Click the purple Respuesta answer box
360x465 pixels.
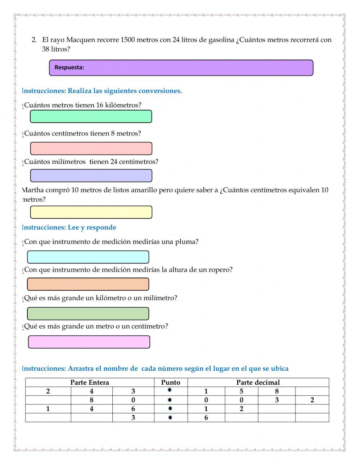[x=181, y=68]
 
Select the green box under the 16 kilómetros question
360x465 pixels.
[x=91, y=116]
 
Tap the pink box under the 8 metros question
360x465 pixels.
[x=91, y=148]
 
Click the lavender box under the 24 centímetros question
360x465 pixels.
[x=91, y=175]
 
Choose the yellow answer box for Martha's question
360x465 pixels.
[x=91, y=212]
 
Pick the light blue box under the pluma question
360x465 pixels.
[x=88, y=257]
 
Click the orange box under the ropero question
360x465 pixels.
[x=88, y=284]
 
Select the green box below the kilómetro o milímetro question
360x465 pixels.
[x=88, y=314]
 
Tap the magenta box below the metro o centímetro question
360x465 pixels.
[x=89, y=342]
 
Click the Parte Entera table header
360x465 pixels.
[x=90, y=383]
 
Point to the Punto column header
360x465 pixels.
[x=171, y=383]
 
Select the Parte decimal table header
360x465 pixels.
[x=258, y=383]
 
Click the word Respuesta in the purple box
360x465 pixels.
[x=69, y=67]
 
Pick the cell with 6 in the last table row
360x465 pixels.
[x=206, y=418]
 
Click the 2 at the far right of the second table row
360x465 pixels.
[x=312, y=400]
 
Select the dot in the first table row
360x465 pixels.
[x=170, y=390]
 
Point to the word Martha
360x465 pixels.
[x=33, y=190]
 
